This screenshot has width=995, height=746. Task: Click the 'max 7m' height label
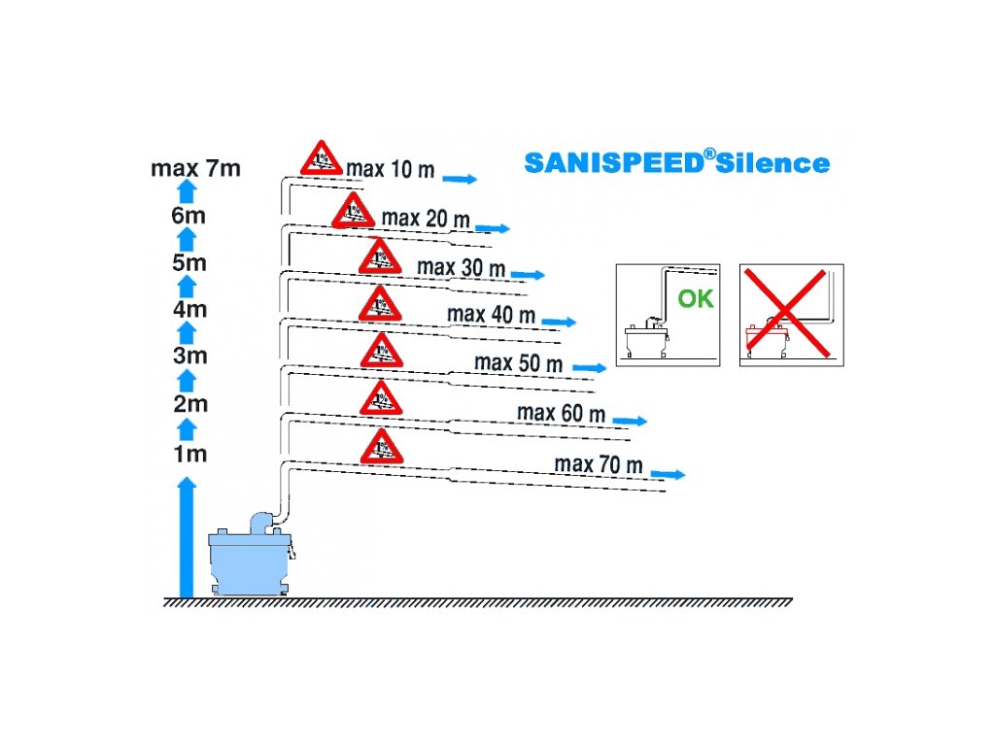(x=195, y=168)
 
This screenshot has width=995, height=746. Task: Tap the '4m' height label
(x=189, y=310)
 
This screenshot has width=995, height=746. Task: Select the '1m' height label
(x=189, y=454)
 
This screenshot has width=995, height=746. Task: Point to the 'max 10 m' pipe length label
(x=391, y=169)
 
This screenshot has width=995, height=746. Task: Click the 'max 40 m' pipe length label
(x=491, y=315)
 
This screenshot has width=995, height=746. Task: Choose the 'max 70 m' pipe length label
(x=599, y=465)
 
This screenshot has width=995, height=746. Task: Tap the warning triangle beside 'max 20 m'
(x=353, y=211)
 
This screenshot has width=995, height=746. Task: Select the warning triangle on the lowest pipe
(x=381, y=447)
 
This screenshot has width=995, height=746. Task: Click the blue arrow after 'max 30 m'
(x=528, y=276)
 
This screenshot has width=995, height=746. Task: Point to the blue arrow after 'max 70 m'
(x=669, y=475)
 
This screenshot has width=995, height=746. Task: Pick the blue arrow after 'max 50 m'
(x=590, y=368)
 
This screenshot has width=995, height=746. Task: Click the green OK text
(x=696, y=299)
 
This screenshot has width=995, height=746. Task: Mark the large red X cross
(x=791, y=314)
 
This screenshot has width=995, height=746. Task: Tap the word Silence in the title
(x=776, y=163)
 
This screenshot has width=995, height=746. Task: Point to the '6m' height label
(x=189, y=216)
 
